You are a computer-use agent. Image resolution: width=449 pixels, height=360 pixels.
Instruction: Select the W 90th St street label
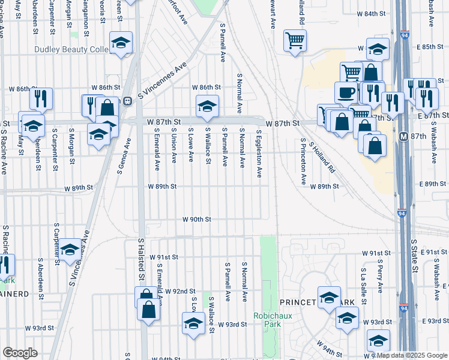[197, 220]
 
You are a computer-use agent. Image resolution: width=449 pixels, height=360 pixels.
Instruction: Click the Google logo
[20, 353]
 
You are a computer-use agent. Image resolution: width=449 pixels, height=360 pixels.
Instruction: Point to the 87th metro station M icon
[405, 136]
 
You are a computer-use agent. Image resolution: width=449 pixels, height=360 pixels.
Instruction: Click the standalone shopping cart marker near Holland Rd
[295, 41]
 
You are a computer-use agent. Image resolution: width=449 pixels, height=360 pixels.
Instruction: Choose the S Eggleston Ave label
[259, 154]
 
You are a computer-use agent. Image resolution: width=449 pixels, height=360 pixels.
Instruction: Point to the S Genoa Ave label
[124, 155]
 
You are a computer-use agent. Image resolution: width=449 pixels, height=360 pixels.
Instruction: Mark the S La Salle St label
[363, 281]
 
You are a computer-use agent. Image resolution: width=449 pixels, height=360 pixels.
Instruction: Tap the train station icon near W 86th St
[127, 101]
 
